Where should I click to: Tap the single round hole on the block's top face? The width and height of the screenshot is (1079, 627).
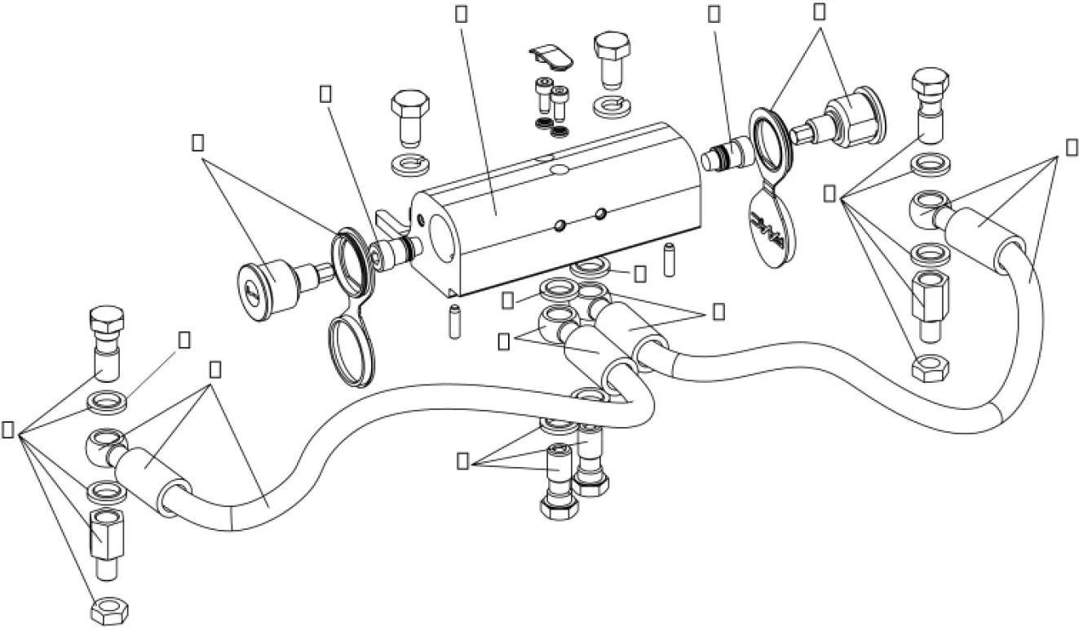[x=559, y=170]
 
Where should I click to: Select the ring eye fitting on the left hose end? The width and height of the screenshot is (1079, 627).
[x=104, y=442]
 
